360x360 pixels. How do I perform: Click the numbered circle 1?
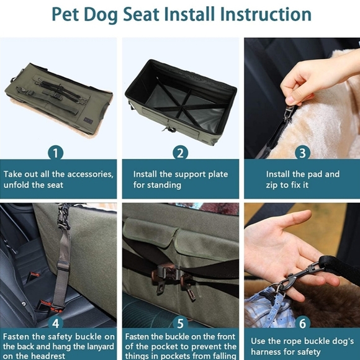pyautogui.click(x=56, y=152)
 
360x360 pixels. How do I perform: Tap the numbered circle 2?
pyautogui.click(x=180, y=152)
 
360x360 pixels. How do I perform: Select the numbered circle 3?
pyautogui.click(x=302, y=152)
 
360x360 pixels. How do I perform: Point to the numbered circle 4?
pyautogui.click(x=56, y=323)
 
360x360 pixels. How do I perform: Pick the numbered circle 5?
pyautogui.click(x=180, y=323)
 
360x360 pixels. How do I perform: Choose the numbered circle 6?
pyautogui.click(x=302, y=323)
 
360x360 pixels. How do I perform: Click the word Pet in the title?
pyautogui.click(x=68, y=14)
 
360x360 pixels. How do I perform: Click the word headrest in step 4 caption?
pyautogui.click(x=47, y=356)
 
